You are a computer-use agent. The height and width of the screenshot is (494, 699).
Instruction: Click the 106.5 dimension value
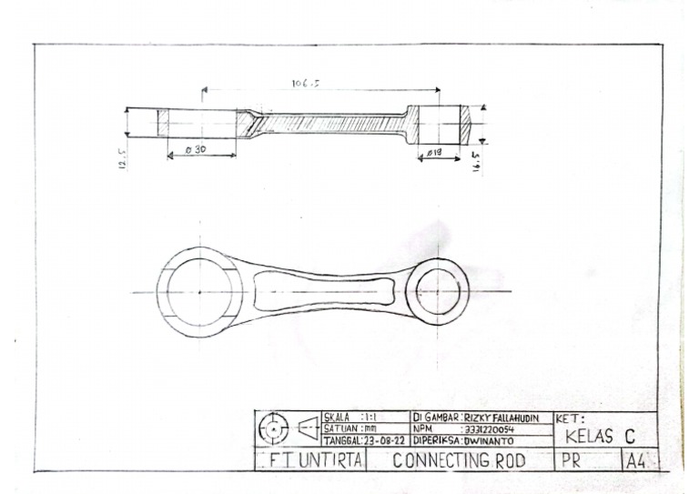tap(306, 84)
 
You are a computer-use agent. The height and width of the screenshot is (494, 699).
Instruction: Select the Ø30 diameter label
tap(194, 149)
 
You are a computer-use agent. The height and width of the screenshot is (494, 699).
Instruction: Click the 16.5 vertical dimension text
tap(477, 162)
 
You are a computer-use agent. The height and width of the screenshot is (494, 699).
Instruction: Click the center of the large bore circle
tap(199, 291)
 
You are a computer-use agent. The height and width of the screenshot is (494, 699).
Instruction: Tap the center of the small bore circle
tap(438, 291)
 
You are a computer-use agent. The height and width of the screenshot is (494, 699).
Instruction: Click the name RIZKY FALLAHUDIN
tap(501, 418)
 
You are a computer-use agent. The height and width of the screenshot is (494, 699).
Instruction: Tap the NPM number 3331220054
tap(491, 428)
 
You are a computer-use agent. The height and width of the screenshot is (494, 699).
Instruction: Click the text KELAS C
tap(600, 437)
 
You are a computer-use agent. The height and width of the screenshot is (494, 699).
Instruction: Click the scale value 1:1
tap(369, 418)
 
